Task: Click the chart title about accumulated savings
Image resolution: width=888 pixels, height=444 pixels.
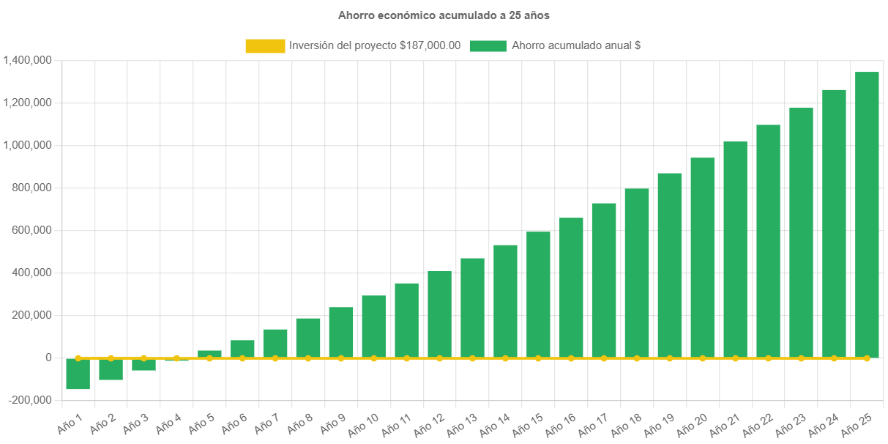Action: tap(444, 15)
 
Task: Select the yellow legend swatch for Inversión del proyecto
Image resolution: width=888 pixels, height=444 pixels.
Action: tap(265, 46)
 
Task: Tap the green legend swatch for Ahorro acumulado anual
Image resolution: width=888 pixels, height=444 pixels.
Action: tap(488, 46)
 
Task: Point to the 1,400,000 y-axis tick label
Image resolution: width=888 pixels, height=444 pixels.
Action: tap(27, 60)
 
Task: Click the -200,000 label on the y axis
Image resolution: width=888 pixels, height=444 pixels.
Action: tap(30, 400)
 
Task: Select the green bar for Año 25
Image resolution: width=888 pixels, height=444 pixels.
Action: tap(867, 212)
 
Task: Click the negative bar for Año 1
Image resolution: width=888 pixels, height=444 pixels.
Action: tap(78, 374)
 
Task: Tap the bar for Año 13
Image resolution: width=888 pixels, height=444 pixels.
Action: tap(472, 308)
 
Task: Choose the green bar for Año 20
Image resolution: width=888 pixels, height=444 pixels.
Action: tap(703, 256)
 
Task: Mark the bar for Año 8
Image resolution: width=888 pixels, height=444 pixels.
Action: tap(308, 337)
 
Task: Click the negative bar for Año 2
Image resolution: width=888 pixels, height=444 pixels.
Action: tap(111, 369)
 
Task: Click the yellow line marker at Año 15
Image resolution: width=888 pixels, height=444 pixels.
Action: tap(538, 358)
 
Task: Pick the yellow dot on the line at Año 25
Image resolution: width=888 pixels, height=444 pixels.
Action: tap(867, 358)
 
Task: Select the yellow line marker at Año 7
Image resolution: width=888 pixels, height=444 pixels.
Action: tap(275, 358)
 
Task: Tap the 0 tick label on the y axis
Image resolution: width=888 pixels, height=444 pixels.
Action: tap(48, 358)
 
